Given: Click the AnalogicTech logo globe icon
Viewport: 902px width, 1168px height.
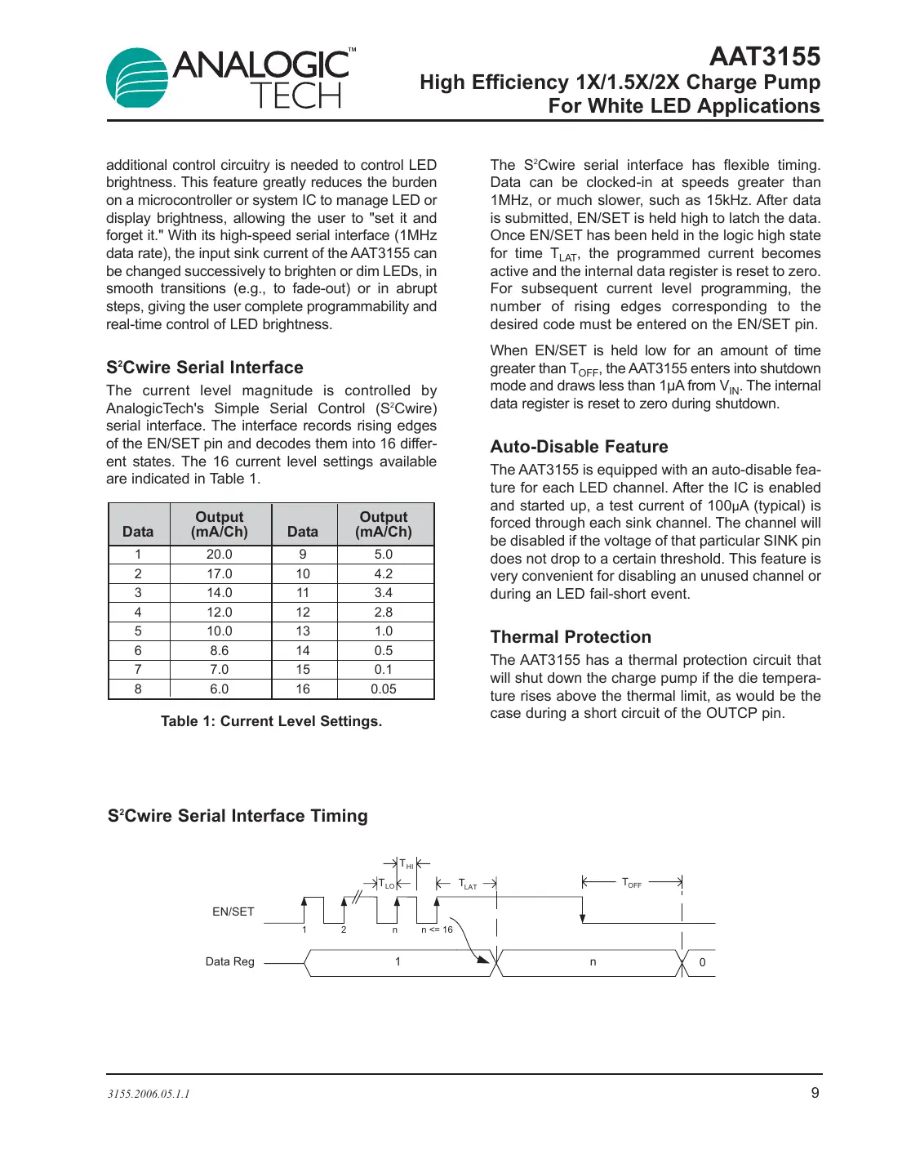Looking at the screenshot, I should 136,78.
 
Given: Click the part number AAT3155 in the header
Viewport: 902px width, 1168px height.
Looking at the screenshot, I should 764,56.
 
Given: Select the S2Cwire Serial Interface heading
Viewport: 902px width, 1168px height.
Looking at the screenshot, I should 204,368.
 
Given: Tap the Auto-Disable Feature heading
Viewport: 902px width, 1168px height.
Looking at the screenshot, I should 579,447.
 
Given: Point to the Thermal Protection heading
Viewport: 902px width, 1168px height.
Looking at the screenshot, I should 571,637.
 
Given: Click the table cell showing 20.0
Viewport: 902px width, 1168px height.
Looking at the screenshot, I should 219,554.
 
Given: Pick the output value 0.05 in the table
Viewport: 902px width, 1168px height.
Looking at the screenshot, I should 383,689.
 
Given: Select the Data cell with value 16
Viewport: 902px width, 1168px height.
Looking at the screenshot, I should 303,689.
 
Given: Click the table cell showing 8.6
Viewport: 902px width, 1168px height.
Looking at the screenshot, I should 219,650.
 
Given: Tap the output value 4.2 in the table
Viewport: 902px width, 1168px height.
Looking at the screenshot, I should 383,573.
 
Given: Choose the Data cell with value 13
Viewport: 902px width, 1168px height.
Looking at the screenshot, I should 303,631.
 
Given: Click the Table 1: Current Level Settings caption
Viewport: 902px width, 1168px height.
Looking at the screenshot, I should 271,721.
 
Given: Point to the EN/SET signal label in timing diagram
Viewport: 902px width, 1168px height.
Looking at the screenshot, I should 233,912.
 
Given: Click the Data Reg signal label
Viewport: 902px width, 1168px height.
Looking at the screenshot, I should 229,961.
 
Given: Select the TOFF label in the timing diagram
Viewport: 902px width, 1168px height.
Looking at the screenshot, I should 632,883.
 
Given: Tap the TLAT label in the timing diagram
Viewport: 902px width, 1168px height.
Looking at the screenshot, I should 467,884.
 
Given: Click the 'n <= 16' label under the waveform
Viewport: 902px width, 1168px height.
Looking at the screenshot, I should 437,929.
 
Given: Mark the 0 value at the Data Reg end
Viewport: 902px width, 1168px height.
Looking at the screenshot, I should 702,962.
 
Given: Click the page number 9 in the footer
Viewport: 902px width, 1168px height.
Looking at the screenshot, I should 815,1093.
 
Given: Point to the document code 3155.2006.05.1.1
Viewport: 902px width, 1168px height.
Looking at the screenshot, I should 149,1094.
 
